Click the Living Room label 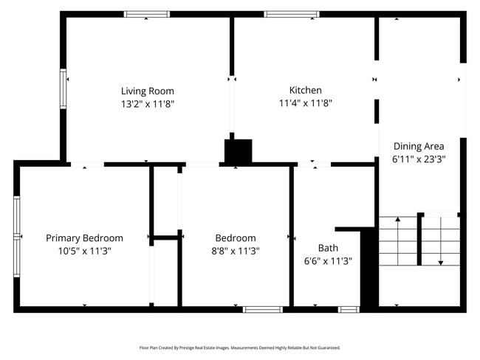(x=148, y=91)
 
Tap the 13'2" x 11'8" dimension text (x=148, y=104)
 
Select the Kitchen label (x=305, y=90)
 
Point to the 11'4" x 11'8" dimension (x=305, y=103)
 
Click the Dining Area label (x=418, y=145)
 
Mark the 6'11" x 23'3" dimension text (x=418, y=159)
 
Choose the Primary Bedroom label (x=84, y=238)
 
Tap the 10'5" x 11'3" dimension (x=84, y=251)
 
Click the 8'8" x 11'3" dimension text (x=235, y=251)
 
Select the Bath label (x=328, y=248)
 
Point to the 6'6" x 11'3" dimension (x=328, y=260)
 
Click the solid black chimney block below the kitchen (x=239, y=151)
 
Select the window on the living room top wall (x=146, y=14)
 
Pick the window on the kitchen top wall (x=292, y=14)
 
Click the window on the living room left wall (x=64, y=89)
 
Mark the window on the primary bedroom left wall (x=16, y=226)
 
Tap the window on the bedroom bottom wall (x=263, y=309)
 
